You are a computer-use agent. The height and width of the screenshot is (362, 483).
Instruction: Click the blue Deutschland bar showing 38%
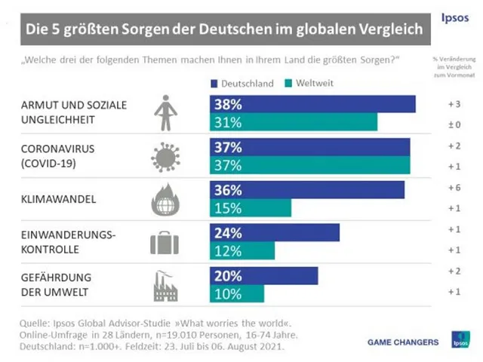[x=312, y=104]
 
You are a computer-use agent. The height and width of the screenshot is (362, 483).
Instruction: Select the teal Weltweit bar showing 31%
[x=293, y=122]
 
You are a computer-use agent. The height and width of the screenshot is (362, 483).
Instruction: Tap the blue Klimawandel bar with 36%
[x=306, y=190]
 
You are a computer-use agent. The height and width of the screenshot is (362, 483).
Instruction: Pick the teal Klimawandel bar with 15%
[x=250, y=207]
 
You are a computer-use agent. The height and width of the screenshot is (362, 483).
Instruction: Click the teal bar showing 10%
[x=236, y=293]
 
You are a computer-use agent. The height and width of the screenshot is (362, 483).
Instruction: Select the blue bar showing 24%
[x=274, y=232]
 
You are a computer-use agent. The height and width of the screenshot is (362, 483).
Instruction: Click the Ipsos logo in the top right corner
[x=454, y=16]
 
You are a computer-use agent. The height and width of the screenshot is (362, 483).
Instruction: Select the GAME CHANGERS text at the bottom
[x=403, y=342]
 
